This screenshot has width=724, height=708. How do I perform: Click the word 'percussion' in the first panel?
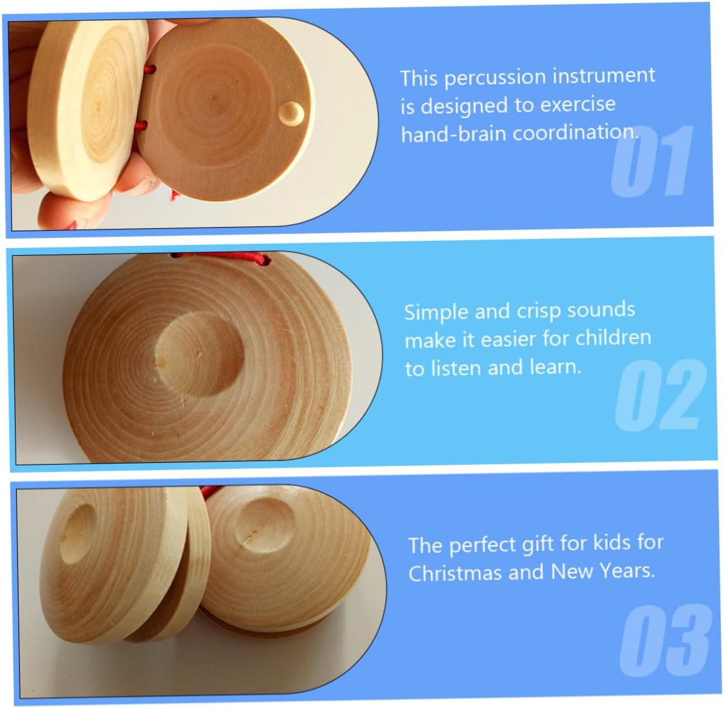coord(496,78)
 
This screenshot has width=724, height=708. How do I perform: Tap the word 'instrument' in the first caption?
coord(603,75)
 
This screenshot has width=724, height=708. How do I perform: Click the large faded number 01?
coord(652,160)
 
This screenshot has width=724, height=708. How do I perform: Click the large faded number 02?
coord(660,395)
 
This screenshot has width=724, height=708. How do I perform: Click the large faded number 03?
coord(665,640)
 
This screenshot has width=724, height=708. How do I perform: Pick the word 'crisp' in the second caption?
coord(535,312)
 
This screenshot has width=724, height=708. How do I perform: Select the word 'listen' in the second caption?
coord(456,368)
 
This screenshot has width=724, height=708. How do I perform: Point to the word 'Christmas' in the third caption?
coord(455,573)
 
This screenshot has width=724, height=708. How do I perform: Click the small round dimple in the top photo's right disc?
coord(291,114)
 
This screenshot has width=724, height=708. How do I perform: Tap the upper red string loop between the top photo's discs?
coord(149,69)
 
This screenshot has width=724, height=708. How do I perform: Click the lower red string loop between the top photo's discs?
coord(141,125)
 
